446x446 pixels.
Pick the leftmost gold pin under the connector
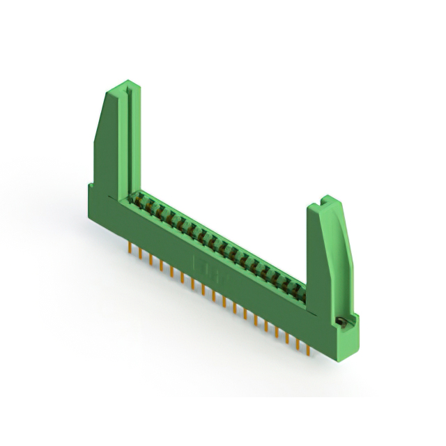[130, 248]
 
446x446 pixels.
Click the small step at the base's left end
[91, 187]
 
